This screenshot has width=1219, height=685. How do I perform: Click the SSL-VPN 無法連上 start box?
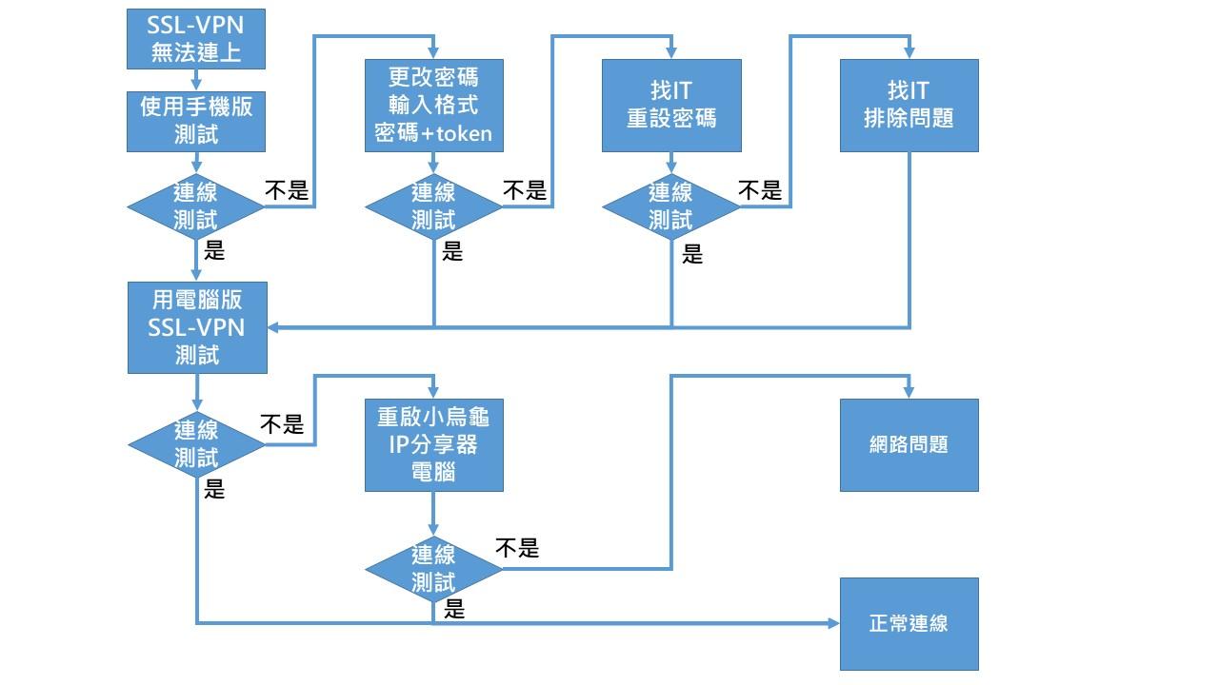(196, 38)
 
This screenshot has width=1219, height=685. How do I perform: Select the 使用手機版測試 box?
(196, 120)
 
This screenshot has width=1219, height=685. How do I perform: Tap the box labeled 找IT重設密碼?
(671, 105)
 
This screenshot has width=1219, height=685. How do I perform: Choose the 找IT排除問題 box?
(909, 105)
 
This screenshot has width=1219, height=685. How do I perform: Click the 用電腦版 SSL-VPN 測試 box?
(197, 327)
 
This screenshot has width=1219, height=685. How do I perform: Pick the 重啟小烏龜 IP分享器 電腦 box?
(433, 444)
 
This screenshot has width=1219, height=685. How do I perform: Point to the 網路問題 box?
(909, 444)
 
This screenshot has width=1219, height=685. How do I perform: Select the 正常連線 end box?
(909, 623)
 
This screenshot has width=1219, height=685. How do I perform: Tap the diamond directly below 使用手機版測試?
(196, 205)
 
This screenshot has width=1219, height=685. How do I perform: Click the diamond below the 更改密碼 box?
(433, 205)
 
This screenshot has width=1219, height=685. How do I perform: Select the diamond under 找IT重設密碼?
(671, 205)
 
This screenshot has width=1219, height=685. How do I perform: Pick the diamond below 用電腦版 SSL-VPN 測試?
(196, 444)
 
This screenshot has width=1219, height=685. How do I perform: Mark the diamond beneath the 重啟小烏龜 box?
(433, 568)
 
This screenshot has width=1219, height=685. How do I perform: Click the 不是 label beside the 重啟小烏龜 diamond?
(517, 548)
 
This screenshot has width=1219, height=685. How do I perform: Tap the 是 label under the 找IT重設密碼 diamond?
(692, 254)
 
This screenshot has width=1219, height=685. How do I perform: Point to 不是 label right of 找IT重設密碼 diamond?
(760, 190)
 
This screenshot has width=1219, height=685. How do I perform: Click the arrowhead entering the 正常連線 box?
(834, 623)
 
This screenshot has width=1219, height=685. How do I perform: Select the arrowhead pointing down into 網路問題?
(909, 393)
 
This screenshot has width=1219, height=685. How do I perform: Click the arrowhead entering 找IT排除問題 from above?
(909, 53)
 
